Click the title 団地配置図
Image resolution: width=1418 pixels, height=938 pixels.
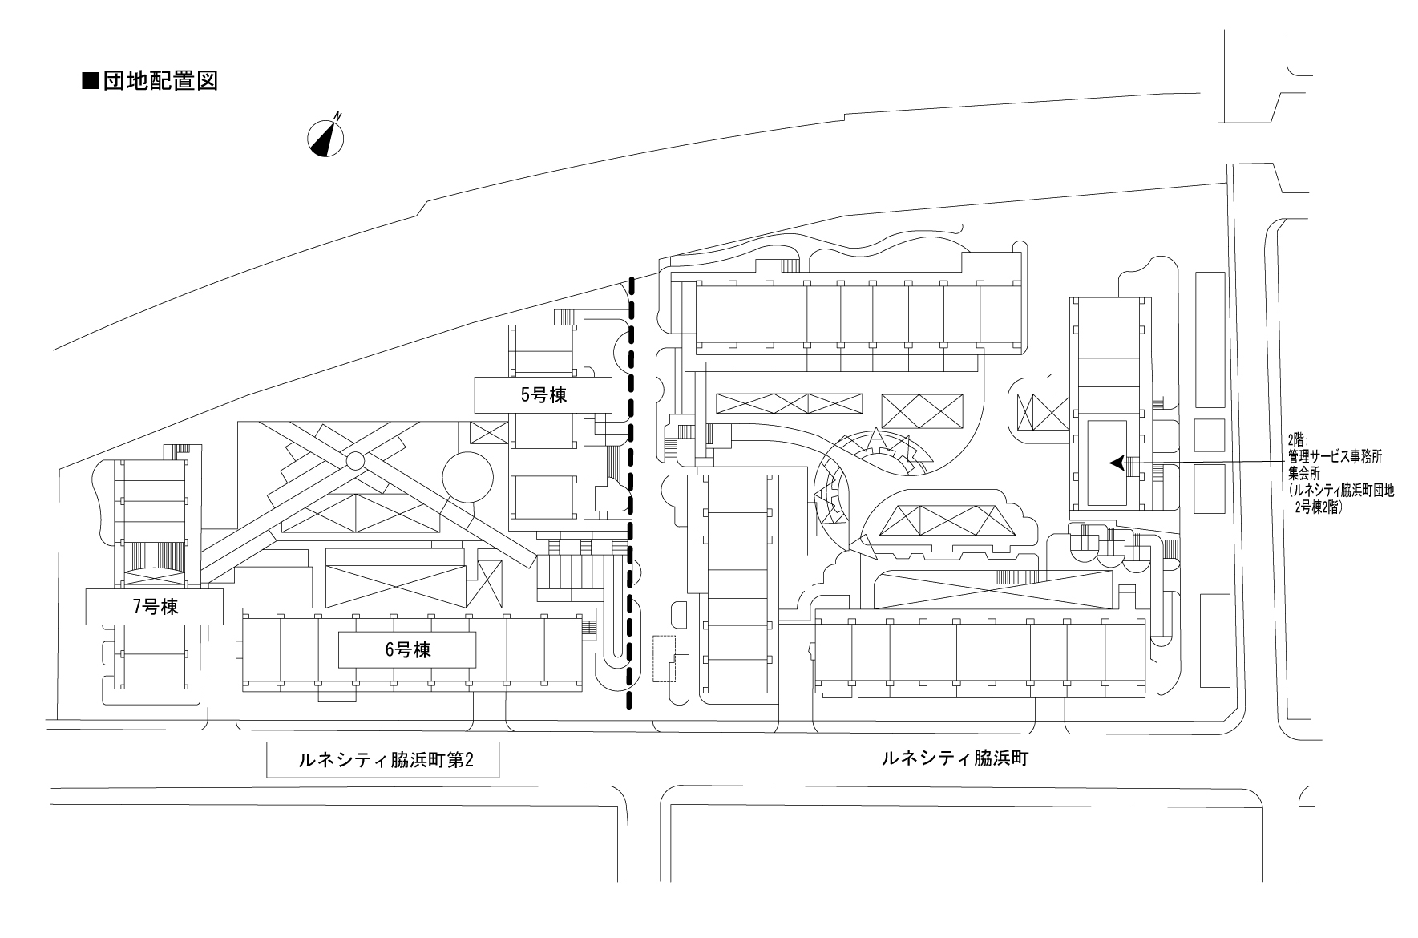point(160,81)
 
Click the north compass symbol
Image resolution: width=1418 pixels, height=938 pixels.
point(325,138)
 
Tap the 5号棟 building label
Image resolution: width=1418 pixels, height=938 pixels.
point(543,394)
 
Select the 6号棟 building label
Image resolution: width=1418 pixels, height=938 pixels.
point(407,649)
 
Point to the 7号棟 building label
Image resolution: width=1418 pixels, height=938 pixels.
point(155,607)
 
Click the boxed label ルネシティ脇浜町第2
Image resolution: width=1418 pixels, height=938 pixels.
point(382,760)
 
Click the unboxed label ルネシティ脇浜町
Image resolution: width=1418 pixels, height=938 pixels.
point(953,758)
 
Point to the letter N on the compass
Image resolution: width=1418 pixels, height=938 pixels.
point(338,116)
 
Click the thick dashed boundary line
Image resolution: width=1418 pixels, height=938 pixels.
point(630,481)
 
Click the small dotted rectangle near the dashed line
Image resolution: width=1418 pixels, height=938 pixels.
point(665,658)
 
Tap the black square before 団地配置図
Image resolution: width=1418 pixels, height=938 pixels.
point(91,81)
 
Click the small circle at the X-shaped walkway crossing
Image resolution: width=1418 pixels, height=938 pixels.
point(355,460)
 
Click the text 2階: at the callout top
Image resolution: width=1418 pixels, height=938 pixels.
point(1295,440)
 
